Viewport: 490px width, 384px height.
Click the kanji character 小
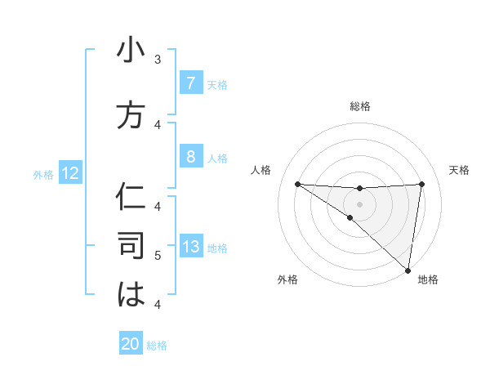pyautogui.click(x=131, y=51)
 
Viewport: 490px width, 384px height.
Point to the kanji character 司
pyautogui.click(x=131, y=246)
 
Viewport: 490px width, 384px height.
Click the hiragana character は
pyautogui.click(x=131, y=295)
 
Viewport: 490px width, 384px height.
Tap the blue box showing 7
pyautogui.click(x=190, y=84)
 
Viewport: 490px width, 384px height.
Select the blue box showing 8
pyautogui.click(x=190, y=157)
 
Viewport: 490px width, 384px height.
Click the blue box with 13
pyautogui.click(x=190, y=248)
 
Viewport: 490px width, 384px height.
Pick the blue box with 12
pyautogui.click(x=69, y=173)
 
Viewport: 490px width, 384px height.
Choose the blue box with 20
pyautogui.click(x=131, y=344)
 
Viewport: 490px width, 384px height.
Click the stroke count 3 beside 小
pyautogui.click(x=157, y=59)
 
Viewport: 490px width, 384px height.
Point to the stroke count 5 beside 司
pyautogui.click(x=157, y=256)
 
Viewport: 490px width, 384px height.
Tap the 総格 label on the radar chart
pyautogui.click(x=360, y=106)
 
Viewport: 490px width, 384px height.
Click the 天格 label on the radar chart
pyautogui.click(x=459, y=170)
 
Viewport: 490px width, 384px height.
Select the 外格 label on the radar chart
pyautogui.click(x=287, y=279)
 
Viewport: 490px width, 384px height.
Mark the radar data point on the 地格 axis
pyautogui.click(x=408, y=270)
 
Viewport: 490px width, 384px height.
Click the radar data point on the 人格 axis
pyautogui.click(x=297, y=184)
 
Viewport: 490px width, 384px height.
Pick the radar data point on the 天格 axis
pyautogui.click(x=421, y=184)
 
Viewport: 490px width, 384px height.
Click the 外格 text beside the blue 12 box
pyautogui.click(x=42, y=174)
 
